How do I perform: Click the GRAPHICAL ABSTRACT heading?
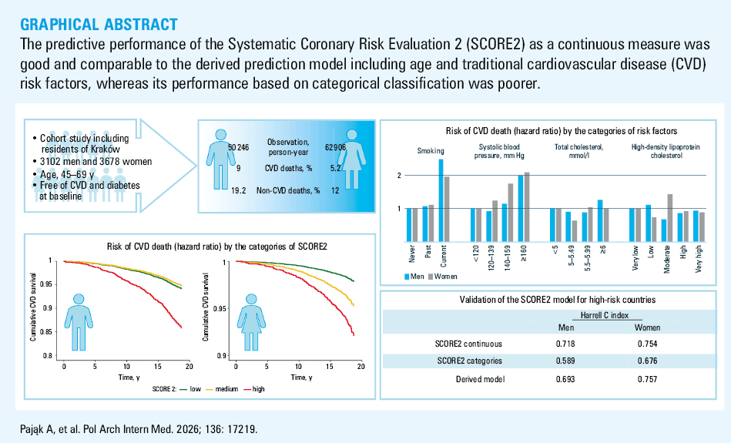tap(99, 24)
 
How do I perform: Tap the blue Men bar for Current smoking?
tap(441, 200)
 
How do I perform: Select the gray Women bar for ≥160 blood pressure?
tap(527, 207)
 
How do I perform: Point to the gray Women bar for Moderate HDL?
tap(670, 218)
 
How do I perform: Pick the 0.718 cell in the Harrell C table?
tap(565, 344)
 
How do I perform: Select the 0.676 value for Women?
tap(648, 361)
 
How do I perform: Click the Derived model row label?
tap(480, 379)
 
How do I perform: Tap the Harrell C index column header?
tap(604, 315)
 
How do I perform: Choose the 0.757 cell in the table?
tap(648, 379)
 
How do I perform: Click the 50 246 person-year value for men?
tap(238, 147)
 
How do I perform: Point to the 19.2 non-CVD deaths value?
tap(238, 190)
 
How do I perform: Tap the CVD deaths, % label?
tap(288, 168)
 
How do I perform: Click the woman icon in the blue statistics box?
tap(352, 159)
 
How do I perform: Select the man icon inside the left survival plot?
tap(79, 322)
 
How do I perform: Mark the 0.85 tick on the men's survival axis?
tap(47, 332)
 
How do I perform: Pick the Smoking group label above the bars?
tap(431, 151)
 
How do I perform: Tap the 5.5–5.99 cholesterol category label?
tap(587, 258)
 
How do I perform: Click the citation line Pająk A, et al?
tap(139, 428)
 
